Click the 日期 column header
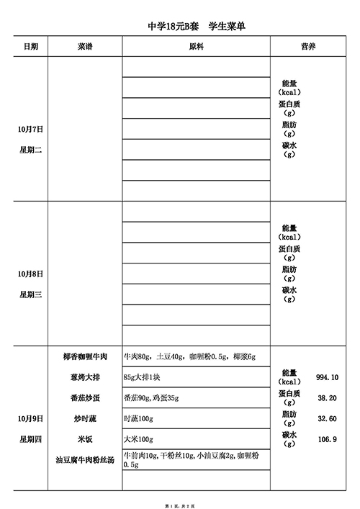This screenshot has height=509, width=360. pyautogui.click(x=31, y=46)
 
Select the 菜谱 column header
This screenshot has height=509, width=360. pyautogui.click(x=84, y=46)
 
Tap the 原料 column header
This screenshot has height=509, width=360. pyautogui.click(x=196, y=46)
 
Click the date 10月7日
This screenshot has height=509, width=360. pyautogui.click(x=31, y=130)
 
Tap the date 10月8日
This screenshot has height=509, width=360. pyautogui.click(x=31, y=274)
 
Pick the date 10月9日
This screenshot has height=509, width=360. pyautogui.click(x=31, y=418)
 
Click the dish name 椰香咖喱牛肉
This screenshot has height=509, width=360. pyautogui.click(x=85, y=356)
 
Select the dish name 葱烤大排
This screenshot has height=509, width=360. pyautogui.click(x=85, y=377)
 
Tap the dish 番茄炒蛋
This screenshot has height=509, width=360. pyautogui.click(x=85, y=397)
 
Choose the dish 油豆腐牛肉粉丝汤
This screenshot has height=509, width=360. pyautogui.click(x=85, y=459)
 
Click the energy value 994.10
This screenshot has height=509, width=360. pyautogui.click(x=327, y=377)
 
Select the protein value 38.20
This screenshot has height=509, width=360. pyautogui.click(x=327, y=397)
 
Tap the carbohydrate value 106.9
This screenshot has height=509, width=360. pyautogui.click(x=327, y=439)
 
